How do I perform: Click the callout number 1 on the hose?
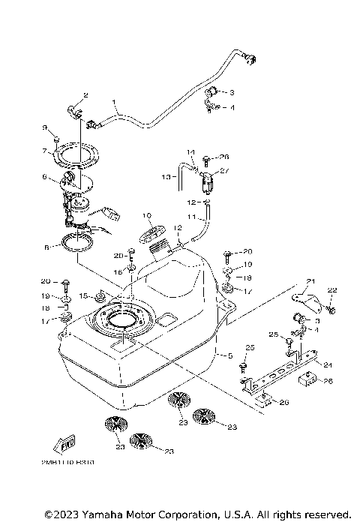114,102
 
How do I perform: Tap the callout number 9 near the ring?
44,127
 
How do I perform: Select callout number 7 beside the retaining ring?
44,150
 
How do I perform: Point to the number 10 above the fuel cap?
147,214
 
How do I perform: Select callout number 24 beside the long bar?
327,365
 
